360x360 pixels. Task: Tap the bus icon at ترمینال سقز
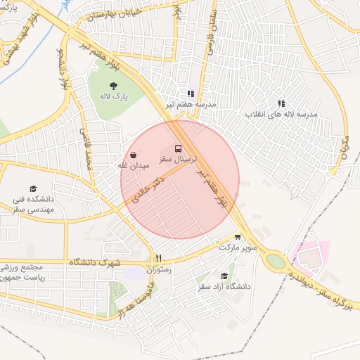pyautogui.click(x=177, y=149)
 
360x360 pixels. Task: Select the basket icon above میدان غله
pyautogui.click(x=134, y=155)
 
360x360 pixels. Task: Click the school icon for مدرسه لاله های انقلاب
pyautogui.click(x=282, y=103)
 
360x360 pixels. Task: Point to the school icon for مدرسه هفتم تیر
pyautogui.click(x=190, y=94)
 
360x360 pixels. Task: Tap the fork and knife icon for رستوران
pyautogui.click(x=159, y=258)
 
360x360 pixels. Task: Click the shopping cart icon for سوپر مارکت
pyautogui.click(x=238, y=237)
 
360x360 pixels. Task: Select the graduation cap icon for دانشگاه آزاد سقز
pyautogui.click(x=224, y=276)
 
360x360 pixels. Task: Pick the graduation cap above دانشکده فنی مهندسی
pyautogui.click(x=32, y=188)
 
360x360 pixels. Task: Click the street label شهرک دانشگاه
pyautogui.click(x=96, y=262)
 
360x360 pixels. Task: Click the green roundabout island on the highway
pyautogui.click(x=276, y=261)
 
